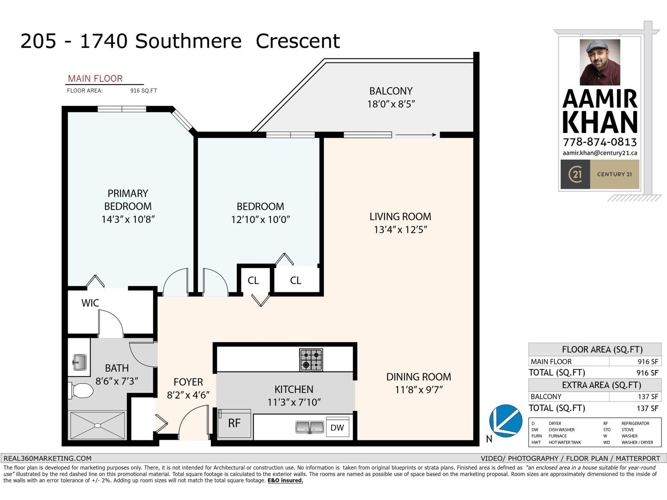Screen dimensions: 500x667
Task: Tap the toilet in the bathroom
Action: point(81,391)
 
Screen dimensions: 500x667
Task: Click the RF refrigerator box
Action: point(235,423)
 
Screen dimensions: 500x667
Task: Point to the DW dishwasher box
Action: point(337,427)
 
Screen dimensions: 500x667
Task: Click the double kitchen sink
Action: point(310,427)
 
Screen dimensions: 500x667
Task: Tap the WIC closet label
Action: point(90,303)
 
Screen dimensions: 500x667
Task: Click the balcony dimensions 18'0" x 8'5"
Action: point(391,104)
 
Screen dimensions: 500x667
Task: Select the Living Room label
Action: point(400,217)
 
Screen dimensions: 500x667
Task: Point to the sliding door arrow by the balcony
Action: point(416,135)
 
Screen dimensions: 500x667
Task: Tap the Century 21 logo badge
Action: point(575,174)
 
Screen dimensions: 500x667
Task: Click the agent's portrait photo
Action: point(599,62)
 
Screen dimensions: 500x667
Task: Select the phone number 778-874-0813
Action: point(599,142)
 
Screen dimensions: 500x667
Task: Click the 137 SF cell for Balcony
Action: point(648,397)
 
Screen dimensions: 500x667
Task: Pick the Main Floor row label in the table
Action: point(551,362)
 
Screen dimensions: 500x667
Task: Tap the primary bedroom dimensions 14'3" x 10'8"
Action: point(128,220)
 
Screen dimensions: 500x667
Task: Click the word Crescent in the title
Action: point(298,41)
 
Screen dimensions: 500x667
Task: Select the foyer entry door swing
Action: point(193,421)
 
